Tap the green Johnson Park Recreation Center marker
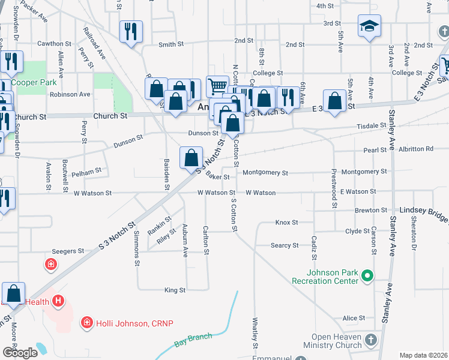368,277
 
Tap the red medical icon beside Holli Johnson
87,323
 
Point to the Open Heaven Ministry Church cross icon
372,340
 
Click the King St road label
175,290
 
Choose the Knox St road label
286,223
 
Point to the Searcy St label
285,245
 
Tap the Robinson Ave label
70,94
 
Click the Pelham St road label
86,172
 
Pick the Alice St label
354,318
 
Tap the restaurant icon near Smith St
131,31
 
